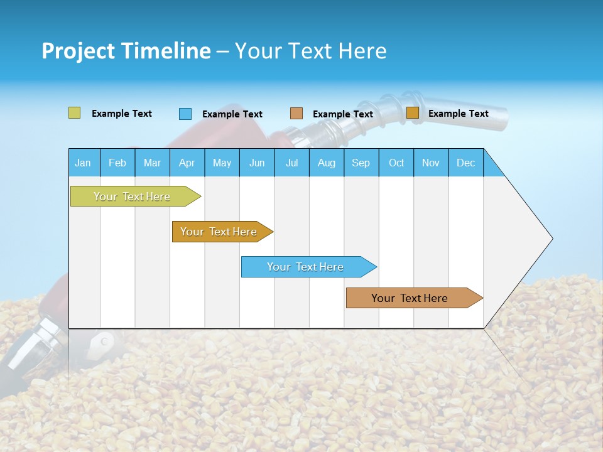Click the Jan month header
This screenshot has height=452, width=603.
(x=83, y=163)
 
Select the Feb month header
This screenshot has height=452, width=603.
(x=117, y=163)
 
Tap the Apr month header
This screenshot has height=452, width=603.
(x=187, y=163)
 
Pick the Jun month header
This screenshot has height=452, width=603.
(x=257, y=163)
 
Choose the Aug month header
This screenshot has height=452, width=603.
(x=326, y=163)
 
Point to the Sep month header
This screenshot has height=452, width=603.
(x=361, y=163)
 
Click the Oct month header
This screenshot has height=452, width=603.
(x=396, y=163)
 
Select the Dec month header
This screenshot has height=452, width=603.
(x=465, y=163)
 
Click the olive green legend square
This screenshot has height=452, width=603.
(x=74, y=113)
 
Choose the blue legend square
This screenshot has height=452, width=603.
(x=185, y=114)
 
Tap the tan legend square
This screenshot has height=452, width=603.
(x=296, y=114)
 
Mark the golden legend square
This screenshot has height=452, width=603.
(x=413, y=113)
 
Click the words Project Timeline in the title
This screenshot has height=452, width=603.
(x=126, y=51)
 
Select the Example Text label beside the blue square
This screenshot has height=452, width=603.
(x=232, y=114)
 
